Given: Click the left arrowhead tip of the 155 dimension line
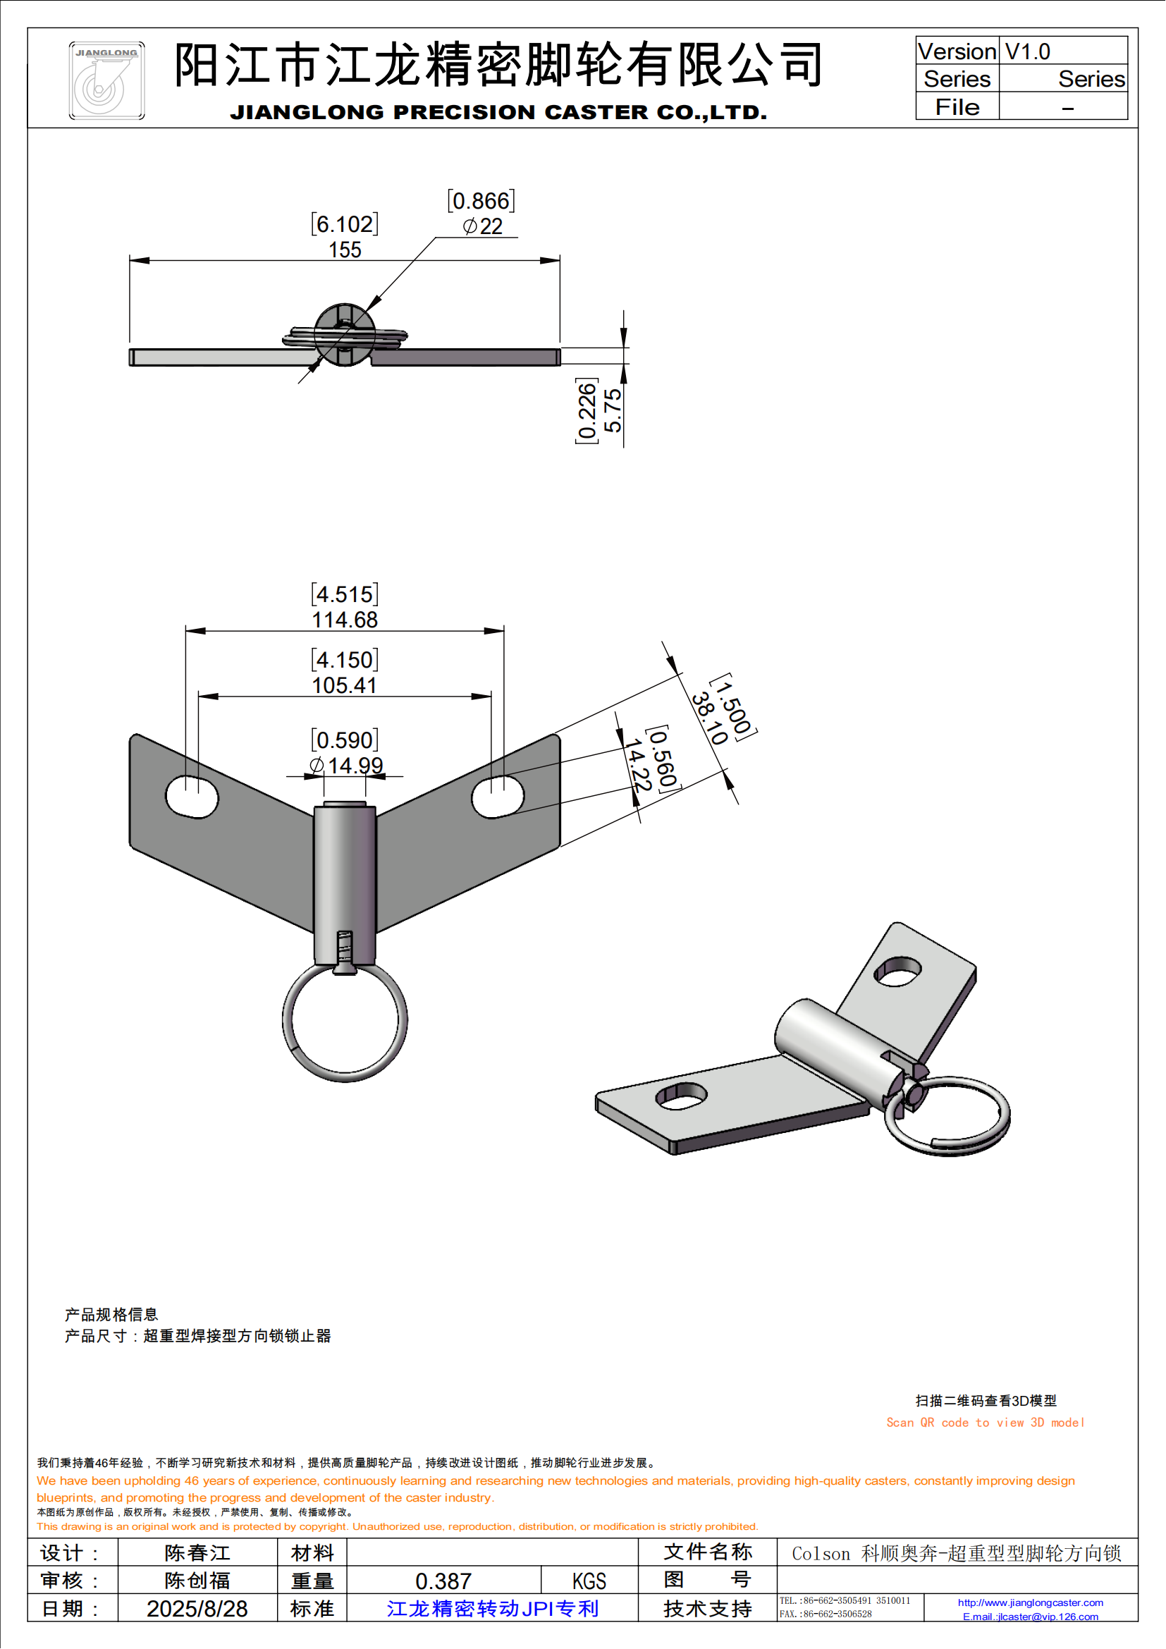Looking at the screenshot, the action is [x=130, y=261].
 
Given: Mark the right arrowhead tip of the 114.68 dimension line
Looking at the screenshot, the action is [x=504, y=631].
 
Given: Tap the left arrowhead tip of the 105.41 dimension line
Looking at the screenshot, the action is [x=198, y=697].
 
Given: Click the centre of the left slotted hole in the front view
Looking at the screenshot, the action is [x=192, y=797].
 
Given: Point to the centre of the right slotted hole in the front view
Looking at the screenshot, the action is [x=498, y=797].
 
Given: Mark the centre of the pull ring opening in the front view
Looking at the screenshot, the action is [x=345, y=1022].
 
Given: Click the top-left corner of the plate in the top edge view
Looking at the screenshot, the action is [x=130, y=350].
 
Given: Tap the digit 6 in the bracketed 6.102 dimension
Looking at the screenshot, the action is [x=324, y=225].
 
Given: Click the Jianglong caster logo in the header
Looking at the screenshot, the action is [x=107, y=80].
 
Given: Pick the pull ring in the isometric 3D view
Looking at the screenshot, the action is [x=947, y=1115].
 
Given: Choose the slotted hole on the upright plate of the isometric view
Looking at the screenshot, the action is [x=897, y=971].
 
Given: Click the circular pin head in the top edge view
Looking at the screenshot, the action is [x=345, y=335].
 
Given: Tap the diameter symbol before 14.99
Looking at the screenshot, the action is [x=317, y=766].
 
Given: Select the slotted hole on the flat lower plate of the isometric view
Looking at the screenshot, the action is [x=682, y=1096].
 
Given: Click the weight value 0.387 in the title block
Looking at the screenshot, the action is [x=443, y=1581].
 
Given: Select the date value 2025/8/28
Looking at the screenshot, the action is [x=197, y=1609].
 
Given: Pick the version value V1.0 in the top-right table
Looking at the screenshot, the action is [x=1027, y=51].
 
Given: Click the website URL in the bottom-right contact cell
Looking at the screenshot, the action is [x=1031, y=1602].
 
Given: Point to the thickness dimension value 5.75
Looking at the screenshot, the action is [x=613, y=411].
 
